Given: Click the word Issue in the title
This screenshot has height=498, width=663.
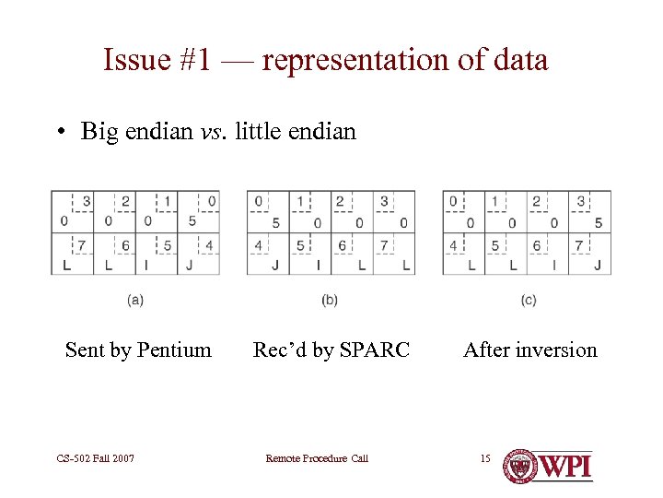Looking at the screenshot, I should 135,60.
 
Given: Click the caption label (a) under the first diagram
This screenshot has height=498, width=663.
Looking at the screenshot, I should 135,300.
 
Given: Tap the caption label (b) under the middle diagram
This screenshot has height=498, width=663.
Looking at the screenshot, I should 330,300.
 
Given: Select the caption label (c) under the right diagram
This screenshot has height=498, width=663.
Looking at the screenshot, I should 528,300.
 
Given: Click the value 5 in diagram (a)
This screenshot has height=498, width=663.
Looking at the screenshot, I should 192,221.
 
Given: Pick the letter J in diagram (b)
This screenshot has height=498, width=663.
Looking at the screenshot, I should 276,266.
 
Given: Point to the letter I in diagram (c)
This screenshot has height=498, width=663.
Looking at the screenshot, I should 554,266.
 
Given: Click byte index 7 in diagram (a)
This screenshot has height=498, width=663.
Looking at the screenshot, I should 81,245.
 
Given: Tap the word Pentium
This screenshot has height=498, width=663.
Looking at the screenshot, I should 174,350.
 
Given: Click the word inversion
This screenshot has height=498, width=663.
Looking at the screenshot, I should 552,350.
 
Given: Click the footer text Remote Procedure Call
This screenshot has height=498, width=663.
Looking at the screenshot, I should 316,458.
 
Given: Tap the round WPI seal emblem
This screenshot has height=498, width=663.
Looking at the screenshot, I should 522,465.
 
